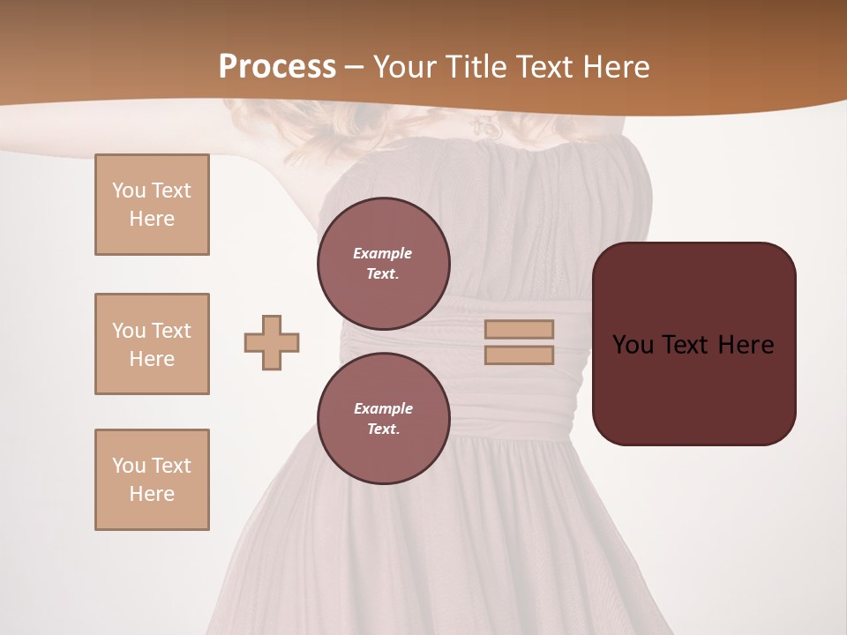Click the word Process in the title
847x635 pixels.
277,66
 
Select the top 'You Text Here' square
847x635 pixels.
152,205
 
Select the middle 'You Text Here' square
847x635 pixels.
152,344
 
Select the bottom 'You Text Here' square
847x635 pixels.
152,480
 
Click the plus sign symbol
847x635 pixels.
272,342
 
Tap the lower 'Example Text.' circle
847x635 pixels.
384,419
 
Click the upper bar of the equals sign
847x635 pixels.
520,329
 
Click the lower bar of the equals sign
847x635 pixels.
520,355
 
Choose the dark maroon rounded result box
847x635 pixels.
693,388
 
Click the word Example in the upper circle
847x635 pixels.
383,253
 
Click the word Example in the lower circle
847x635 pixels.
383,408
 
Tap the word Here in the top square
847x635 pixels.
152,219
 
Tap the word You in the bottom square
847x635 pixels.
129,466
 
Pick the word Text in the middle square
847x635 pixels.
171,331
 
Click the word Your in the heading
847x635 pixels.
407,66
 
